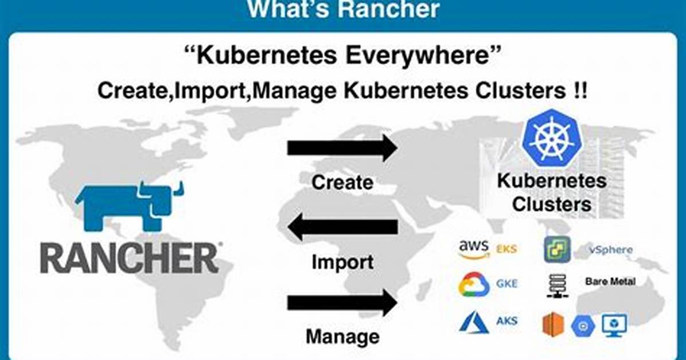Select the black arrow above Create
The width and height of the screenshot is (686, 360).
pyautogui.click(x=342, y=148)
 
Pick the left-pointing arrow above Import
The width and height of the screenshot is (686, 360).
pyautogui.click(x=342, y=226)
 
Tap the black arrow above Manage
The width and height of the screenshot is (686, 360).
pyautogui.click(x=342, y=302)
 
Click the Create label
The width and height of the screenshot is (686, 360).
pyautogui.click(x=342, y=182)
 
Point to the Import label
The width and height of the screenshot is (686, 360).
pyautogui.click(x=342, y=262)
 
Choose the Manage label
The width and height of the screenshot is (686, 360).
pyautogui.click(x=342, y=337)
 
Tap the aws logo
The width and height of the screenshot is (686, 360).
pyautogui.click(x=474, y=248)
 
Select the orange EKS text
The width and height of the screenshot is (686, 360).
pyautogui.click(x=506, y=249)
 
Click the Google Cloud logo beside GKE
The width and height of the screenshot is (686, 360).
pyautogui.click(x=474, y=284)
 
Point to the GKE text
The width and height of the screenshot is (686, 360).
pyautogui.click(x=506, y=283)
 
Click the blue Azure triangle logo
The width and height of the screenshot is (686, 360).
pyautogui.click(x=474, y=322)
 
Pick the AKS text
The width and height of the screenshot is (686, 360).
pyautogui.click(x=506, y=320)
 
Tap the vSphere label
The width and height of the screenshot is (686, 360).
pyautogui.click(x=611, y=250)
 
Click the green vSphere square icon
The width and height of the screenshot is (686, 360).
pyautogui.click(x=558, y=249)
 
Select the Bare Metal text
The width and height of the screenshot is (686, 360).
pyautogui.click(x=610, y=281)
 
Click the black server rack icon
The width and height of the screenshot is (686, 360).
pyautogui.click(x=558, y=286)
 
